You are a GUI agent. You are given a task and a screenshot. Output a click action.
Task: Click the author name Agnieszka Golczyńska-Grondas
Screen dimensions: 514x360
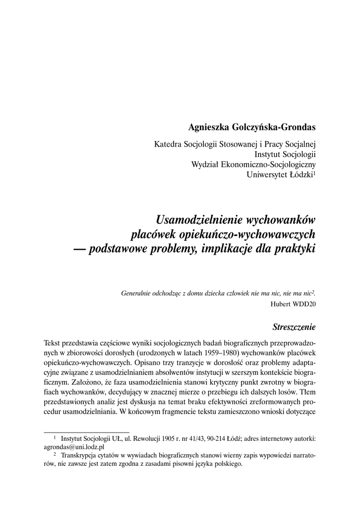(x=251, y=127)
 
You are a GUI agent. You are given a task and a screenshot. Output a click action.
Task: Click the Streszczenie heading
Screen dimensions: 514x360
(x=294, y=328)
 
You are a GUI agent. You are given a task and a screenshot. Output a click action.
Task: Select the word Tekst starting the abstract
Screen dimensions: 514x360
(x=53, y=342)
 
